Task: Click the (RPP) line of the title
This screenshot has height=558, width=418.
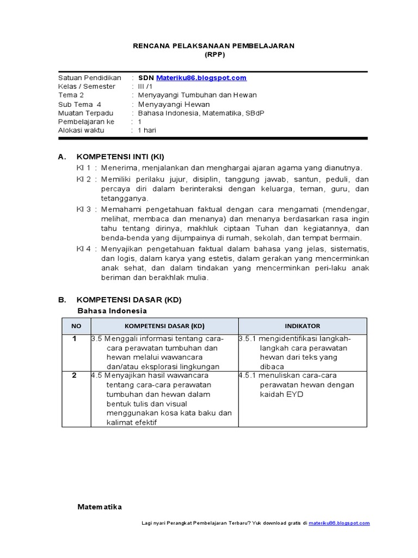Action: click(x=214, y=55)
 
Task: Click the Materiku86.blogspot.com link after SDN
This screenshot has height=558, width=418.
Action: click(x=201, y=78)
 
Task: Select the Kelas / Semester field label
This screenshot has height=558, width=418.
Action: click(x=87, y=86)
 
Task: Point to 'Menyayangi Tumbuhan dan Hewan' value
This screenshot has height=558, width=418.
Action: click(x=197, y=95)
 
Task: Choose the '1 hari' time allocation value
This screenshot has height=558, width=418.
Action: click(x=147, y=130)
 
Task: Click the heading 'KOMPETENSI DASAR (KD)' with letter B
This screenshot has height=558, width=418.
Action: click(x=129, y=300)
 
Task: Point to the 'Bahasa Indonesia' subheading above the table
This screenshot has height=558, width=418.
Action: click(x=112, y=311)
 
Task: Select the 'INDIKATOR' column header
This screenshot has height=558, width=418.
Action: click(x=302, y=326)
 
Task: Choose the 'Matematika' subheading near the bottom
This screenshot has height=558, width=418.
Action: click(x=100, y=507)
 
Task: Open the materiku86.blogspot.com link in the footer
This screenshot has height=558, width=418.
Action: click(x=339, y=523)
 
